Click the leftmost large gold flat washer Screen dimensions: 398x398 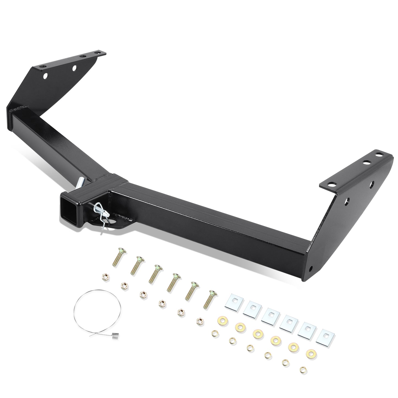(221, 320)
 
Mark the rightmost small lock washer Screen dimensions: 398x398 (303, 369)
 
